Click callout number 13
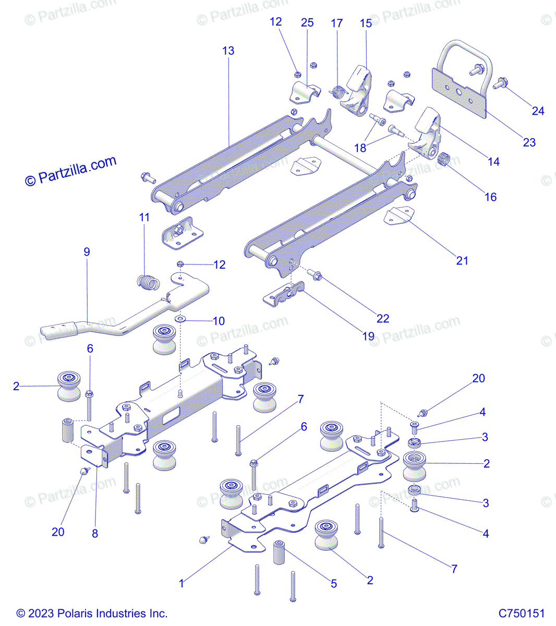tap(228, 51)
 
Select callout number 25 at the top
tap(307, 22)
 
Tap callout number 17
tap(337, 23)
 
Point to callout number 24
tap(538, 111)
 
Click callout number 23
tap(529, 142)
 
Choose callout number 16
tap(490, 197)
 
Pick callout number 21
tap(462, 260)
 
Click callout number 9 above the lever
tap(87, 251)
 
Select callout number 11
tap(144, 217)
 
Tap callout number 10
tap(219, 321)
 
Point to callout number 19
tap(368, 336)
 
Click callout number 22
tap(383, 318)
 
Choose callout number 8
tap(95, 533)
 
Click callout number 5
tap(334, 584)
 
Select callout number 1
tap(182, 583)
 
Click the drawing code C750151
tap(522, 613)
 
